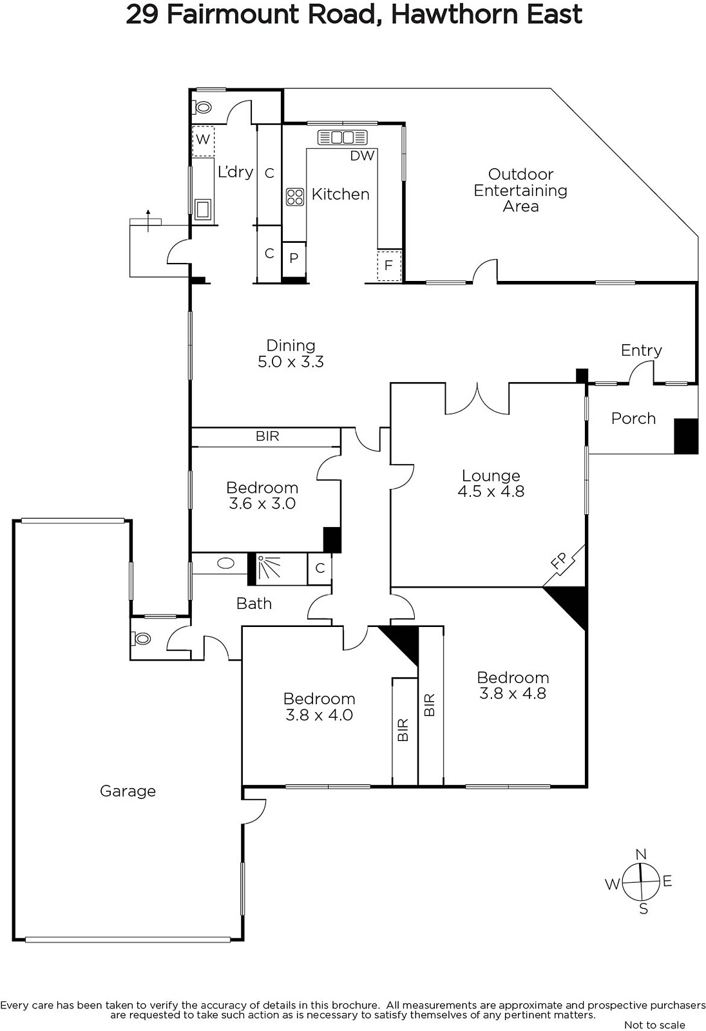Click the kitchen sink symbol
[343, 137]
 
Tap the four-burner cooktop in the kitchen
[295, 197]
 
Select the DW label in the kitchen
[362, 155]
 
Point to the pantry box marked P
[294, 258]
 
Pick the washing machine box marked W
[203, 139]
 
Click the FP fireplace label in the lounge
[559, 563]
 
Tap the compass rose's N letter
[641, 854]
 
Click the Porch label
[633, 418]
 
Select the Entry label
[641, 351]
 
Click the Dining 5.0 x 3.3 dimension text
[291, 361]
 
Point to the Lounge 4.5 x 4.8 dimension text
[491, 491]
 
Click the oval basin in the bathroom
[225, 563]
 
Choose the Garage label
[128, 791]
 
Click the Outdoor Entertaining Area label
[520, 190]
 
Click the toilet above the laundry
[202, 108]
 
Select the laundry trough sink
[203, 209]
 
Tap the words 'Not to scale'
[654, 1025]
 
